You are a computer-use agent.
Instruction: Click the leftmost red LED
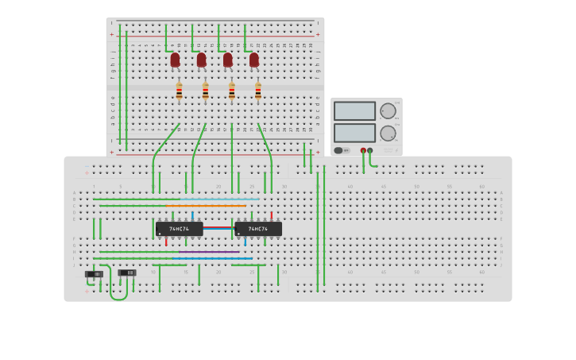(175, 60)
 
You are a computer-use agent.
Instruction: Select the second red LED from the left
(201, 60)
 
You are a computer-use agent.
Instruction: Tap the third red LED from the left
(227, 60)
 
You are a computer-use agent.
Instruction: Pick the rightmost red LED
(253, 60)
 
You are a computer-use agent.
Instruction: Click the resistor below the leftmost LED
(179, 91)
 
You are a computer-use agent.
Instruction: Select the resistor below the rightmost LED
(257, 91)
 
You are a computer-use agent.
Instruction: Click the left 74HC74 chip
(179, 229)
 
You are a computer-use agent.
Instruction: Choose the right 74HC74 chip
(258, 229)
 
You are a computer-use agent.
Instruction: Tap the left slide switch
(94, 274)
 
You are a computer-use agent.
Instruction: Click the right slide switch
(127, 273)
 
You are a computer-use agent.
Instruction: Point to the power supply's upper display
(354, 110)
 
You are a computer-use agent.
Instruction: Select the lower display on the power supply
(354, 133)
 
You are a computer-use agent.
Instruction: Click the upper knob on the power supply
(387, 110)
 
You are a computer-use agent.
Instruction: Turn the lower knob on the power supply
(387, 133)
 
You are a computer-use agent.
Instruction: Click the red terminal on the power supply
(363, 150)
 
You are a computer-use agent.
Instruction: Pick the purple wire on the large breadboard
(208, 252)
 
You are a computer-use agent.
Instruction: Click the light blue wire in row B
(222, 199)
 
